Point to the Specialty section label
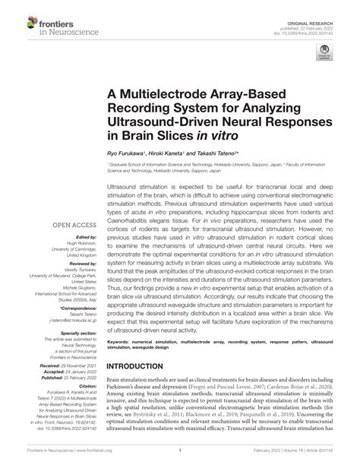[x=77, y=333]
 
